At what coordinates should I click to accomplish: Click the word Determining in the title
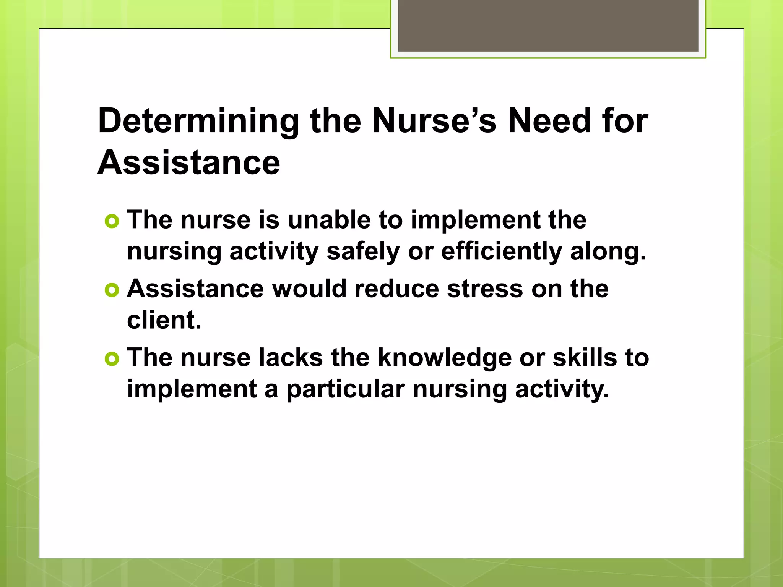coord(198,122)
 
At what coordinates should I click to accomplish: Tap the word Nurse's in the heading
coord(434,121)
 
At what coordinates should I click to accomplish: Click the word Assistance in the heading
coord(189,162)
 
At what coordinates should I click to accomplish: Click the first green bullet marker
coord(112,221)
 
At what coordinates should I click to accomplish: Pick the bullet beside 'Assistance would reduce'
coord(112,290)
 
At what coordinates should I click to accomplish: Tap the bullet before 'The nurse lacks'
coord(112,359)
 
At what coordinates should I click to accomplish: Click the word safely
coord(363,252)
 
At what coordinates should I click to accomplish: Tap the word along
coord(608,251)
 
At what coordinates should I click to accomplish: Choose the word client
coord(164,320)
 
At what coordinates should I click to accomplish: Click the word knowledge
coord(445,358)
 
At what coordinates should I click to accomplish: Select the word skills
coord(585,358)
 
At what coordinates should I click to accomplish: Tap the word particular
coord(346,389)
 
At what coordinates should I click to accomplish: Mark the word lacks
coord(290,358)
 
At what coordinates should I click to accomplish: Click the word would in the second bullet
coord(309,289)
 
